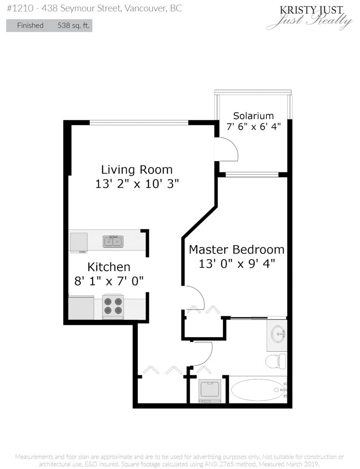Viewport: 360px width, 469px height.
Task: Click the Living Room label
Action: (137, 170)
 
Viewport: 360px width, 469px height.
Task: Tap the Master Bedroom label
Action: (236, 249)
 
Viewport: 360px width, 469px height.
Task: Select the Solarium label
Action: (253, 116)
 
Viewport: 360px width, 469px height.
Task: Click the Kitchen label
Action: (109, 267)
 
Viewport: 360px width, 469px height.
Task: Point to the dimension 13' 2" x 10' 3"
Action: (137, 184)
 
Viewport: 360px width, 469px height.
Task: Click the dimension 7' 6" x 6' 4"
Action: (253, 127)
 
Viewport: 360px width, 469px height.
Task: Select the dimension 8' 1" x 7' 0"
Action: (109, 281)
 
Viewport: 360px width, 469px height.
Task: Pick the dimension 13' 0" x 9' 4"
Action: (236, 263)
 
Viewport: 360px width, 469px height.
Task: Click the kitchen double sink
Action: (113, 241)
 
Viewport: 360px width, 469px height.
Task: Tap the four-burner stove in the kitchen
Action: (113, 307)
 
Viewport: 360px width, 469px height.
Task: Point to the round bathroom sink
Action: (279, 333)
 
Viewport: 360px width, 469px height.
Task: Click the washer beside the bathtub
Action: (210, 391)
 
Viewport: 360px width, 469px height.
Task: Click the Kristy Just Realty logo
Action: (309, 17)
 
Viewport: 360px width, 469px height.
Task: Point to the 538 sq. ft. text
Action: (74, 26)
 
